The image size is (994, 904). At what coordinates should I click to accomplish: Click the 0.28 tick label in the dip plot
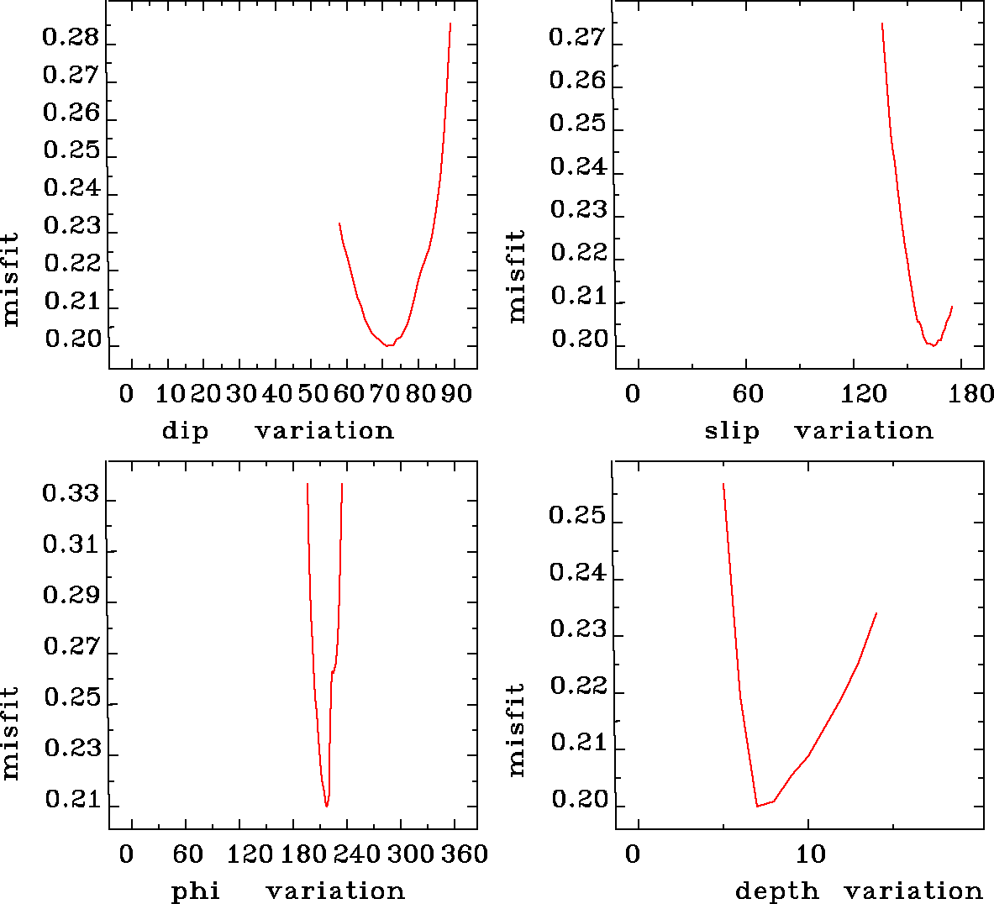71,38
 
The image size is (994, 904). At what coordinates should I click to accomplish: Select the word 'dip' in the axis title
185,431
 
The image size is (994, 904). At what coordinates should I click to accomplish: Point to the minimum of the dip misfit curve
388,345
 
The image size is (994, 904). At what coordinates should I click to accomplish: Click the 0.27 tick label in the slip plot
576,38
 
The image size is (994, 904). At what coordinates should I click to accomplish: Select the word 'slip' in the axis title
732,431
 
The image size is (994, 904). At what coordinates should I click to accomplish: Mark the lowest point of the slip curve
933,345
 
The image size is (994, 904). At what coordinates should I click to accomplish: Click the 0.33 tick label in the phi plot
71,494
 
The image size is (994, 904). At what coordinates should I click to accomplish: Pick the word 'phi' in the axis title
196,891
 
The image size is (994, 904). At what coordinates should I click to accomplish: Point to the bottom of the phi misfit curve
326,806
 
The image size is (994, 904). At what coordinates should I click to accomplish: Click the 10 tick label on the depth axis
811,854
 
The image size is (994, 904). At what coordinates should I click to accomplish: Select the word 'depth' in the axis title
777,891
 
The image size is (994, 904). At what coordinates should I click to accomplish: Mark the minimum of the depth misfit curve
757,806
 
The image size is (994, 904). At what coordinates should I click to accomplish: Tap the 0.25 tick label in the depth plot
576,515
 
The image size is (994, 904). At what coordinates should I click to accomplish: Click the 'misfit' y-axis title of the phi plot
10,732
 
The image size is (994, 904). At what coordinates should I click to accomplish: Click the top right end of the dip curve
450,24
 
